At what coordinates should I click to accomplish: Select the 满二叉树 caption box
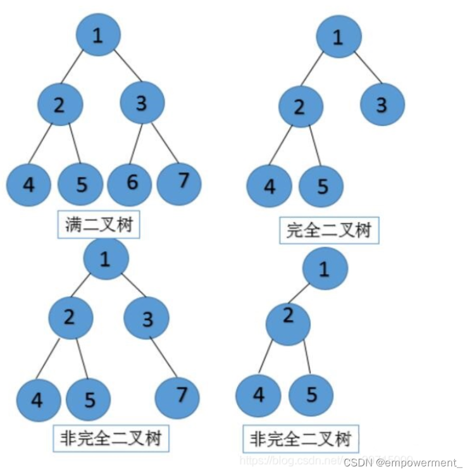click(x=99, y=225)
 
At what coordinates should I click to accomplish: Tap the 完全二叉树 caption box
click(x=328, y=230)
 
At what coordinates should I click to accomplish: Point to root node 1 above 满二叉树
click(x=98, y=36)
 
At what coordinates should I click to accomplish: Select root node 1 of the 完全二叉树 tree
click(x=338, y=38)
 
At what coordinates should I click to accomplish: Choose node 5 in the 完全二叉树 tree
click(x=321, y=187)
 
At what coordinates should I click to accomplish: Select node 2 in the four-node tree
click(x=288, y=323)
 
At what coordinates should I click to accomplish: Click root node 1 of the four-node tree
click(x=325, y=270)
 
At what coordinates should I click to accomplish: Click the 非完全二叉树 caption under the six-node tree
click(x=111, y=438)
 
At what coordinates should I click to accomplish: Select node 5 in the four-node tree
click(x=311, y=396)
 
